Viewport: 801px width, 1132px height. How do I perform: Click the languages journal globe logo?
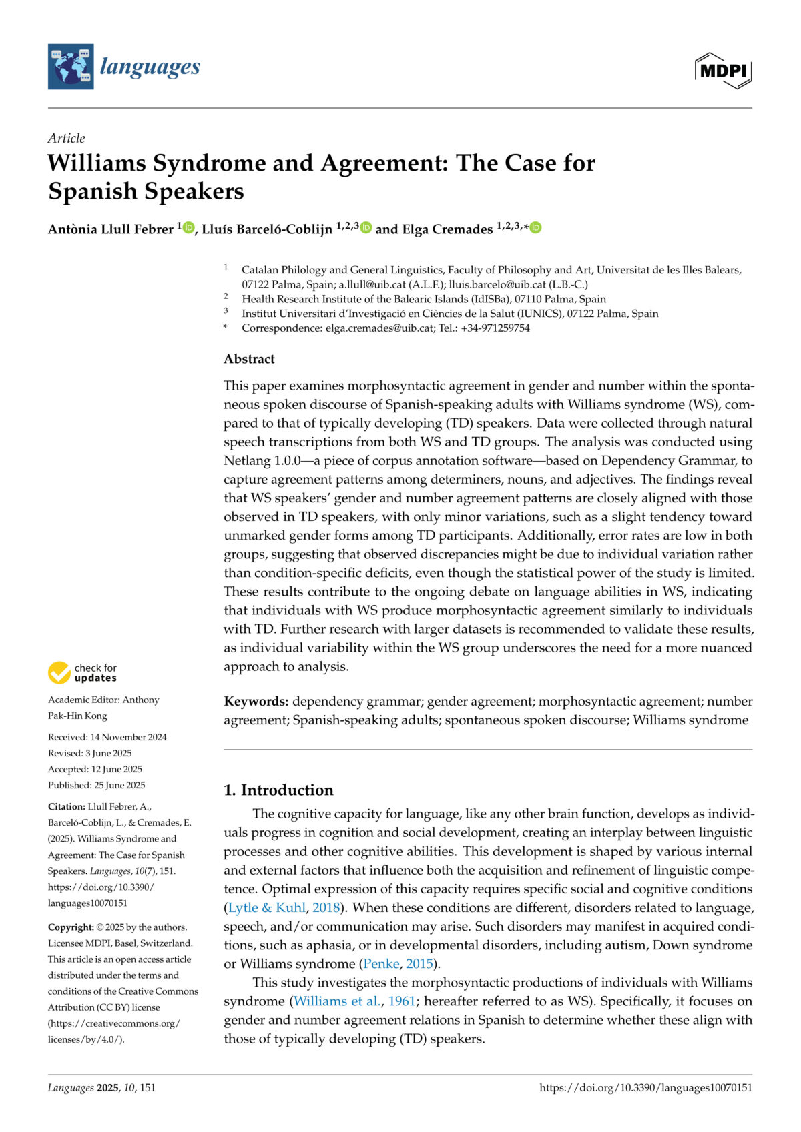coord(71,67)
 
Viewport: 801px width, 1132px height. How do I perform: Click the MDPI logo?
coord(723,70)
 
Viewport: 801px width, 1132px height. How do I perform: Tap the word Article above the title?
coord(67,138)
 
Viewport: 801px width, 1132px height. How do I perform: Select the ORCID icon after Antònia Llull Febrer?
coord(189,228)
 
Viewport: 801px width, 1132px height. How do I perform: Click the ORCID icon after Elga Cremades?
coord(535,228)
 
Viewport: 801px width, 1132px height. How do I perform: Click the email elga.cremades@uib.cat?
coord(379,328)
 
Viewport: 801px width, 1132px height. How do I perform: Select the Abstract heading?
coord(249,359)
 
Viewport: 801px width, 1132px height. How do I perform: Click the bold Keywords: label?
coord(256,702)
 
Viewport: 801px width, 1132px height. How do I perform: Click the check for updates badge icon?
coord(59,673)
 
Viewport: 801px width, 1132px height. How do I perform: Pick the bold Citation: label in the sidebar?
coord(67,806)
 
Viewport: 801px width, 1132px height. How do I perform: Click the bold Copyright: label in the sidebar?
coord(71,927)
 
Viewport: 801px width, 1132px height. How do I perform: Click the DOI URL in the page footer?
coord(645,1088)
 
